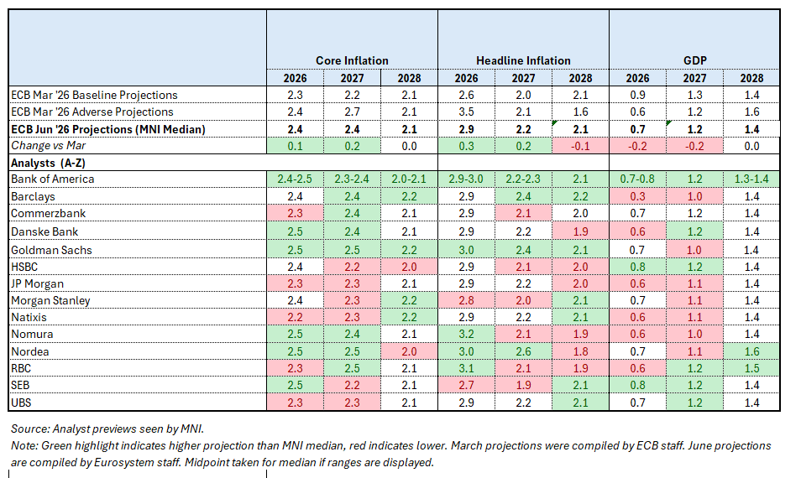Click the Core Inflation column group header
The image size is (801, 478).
pos(352,60)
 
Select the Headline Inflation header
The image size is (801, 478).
pos(523,60)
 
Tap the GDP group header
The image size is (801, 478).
pos(694,60)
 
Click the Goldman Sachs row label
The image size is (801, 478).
pos(51,250)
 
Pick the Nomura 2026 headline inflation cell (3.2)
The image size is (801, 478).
pos(466,334)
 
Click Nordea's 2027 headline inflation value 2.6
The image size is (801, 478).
pos(524,351)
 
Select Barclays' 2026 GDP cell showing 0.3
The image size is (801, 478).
pos(637,196)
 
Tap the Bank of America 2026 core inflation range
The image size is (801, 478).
pos(295,179)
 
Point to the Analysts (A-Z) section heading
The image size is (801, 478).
pos(48,164)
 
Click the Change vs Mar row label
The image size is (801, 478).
pos(48,146)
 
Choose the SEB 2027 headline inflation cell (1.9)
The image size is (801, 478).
pos(524,385)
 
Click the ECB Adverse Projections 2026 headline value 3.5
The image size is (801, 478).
pos(466,112)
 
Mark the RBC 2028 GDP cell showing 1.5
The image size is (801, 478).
pos(752,368)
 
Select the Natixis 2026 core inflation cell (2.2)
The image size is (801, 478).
pos(295,317)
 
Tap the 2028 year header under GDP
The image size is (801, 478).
pos(752,78)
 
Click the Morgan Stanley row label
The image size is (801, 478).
pos(50,300)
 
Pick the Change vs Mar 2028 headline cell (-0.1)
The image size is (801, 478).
pos(580,146)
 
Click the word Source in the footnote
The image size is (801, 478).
pos(29,429)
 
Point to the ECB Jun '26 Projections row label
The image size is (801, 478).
pos(107,130)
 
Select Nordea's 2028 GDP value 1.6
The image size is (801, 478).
pos(752,351)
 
